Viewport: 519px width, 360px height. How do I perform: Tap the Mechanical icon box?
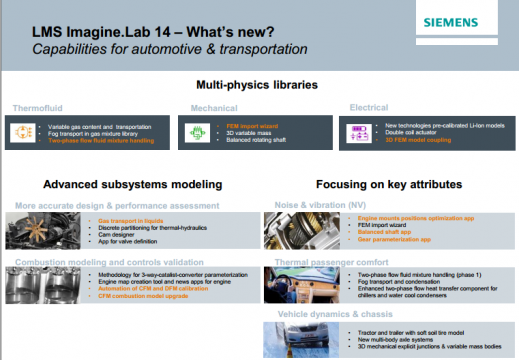(201, 130)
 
